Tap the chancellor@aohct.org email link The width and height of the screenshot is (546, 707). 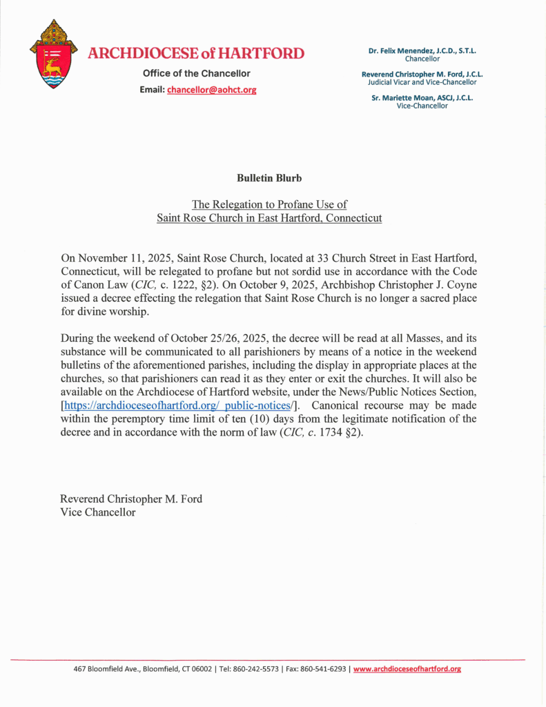pyautogui.click(x=211, y=90)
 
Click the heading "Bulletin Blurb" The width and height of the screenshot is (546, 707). pyautogui.click(x=269, y=178)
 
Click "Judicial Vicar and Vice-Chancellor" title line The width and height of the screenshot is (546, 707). pyautogui.click(x=422, y=82)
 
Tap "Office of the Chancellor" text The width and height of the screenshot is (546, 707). pyautogui.click(x=197, y=73)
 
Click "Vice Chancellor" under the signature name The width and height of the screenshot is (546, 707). pyautogui.click(x=97, y=512)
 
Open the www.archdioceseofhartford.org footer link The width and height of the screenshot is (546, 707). pyautogui.click(x=407, y=669)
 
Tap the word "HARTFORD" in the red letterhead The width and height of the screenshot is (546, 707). pyautogui.click(x=262, y=53)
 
